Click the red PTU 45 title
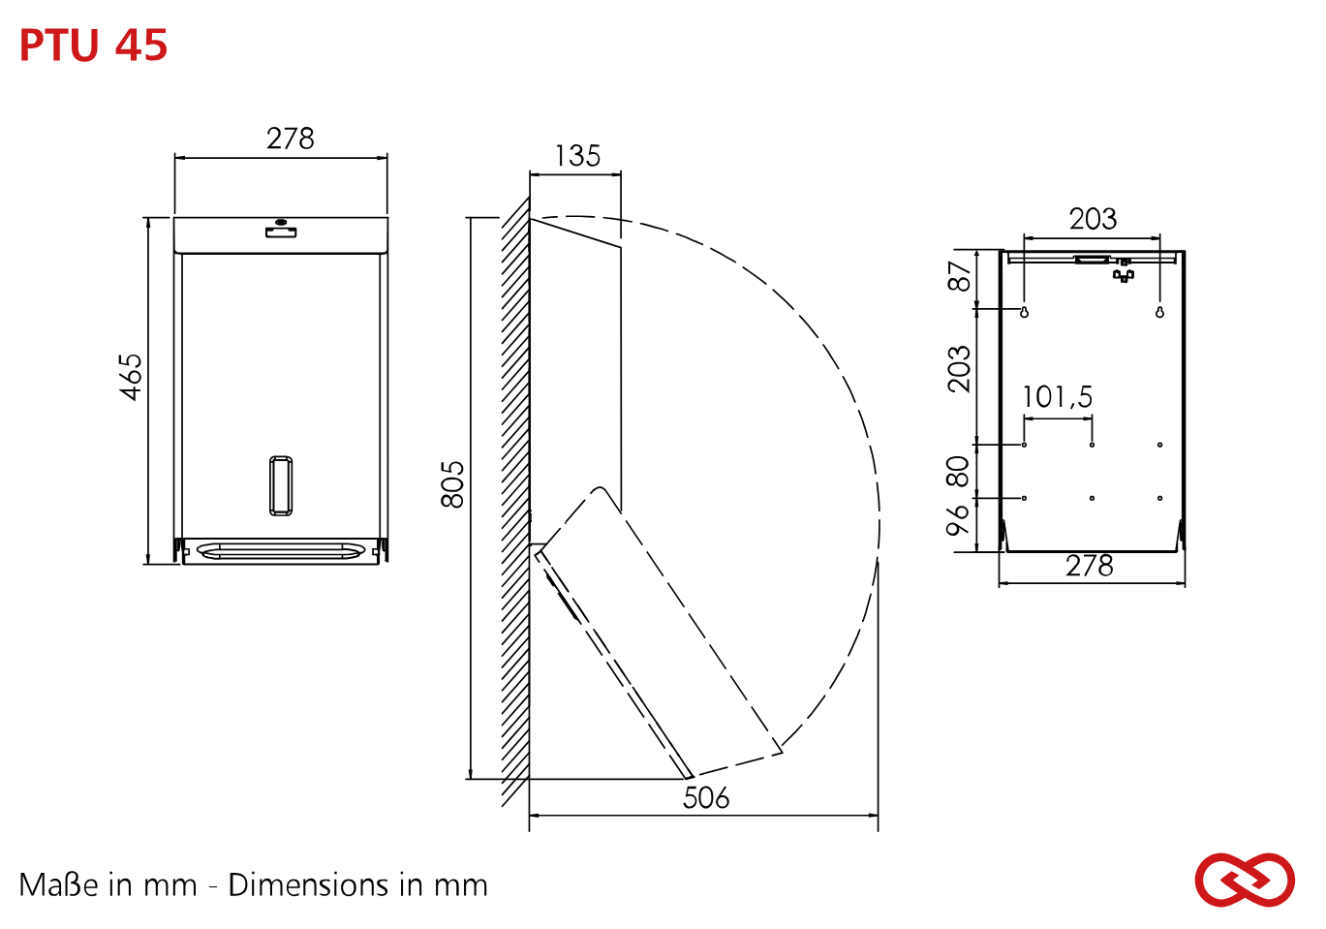coord(94,45)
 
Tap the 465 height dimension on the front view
coord(130,377)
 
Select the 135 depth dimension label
coord(577,156)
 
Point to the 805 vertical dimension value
coord(452,484)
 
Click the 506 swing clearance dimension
coord(706,797)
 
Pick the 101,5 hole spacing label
coord(1058,397)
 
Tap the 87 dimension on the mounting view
coord(959,276)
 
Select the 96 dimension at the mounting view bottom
coord(958,520)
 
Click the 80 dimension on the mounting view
coord(958,472)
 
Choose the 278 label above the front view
coord(290,139)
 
